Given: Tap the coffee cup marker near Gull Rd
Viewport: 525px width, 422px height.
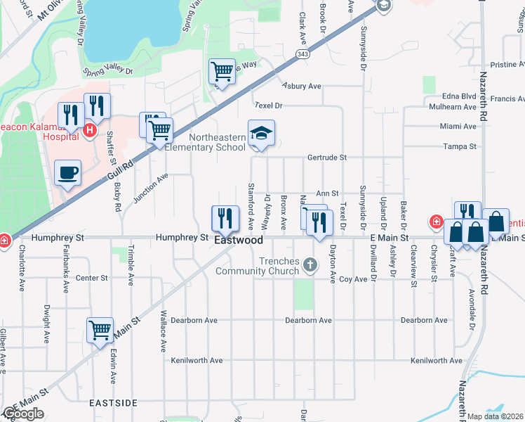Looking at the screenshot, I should point(68,173).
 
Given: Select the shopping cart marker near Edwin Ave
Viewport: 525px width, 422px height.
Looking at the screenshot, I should point(100,329).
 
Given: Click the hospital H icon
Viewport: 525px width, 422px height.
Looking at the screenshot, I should point(89,129).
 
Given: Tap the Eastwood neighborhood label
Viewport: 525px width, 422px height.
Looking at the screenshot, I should point(239,241).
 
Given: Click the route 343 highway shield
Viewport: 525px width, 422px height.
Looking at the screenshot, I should point(303,54).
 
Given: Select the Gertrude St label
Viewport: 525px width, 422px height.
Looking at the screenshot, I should point(327,158).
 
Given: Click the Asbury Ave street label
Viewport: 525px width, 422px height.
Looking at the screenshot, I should point(302,87).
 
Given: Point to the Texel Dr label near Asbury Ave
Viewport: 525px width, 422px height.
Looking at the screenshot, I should point(268,105).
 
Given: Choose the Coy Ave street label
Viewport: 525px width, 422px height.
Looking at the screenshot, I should point(354,279).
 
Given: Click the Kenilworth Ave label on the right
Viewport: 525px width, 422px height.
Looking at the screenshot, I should point(437,361).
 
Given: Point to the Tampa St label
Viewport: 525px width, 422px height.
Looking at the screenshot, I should point(460,146).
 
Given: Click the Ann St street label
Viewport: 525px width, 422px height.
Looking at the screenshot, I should point(328,193).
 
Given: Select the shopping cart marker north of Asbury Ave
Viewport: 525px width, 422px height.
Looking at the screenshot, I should point(222,71).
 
